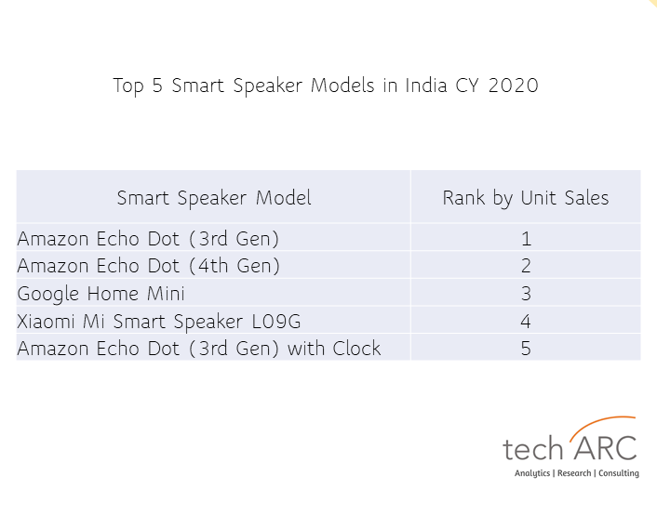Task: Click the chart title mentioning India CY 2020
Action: click(326, 86)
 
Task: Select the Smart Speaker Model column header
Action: click(214, 198)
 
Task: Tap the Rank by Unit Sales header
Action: click(526, 198)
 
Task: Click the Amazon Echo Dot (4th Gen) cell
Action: click(148, 266)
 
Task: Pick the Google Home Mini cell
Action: click(101, 294)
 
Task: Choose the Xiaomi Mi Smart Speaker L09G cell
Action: click(159, 322)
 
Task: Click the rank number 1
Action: click(527, 239)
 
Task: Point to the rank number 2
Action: click(526, 266)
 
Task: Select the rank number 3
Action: click(526, 294)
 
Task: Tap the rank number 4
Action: click(526, 322)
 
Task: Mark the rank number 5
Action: click(526, 349)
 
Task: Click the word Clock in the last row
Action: click(356, 349)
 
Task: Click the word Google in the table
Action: click(47, 294)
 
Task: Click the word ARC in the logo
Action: click(606, 448)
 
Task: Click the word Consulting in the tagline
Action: click(619, 473)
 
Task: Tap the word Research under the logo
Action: click(574, 473)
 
